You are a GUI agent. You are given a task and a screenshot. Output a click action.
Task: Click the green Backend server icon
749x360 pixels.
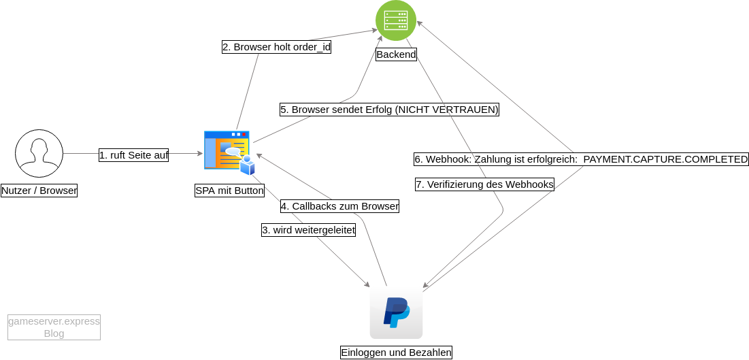[396, 20]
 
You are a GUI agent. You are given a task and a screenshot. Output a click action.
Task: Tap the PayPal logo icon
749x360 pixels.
[396, 312]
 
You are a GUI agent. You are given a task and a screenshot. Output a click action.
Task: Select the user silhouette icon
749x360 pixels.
[39, 153]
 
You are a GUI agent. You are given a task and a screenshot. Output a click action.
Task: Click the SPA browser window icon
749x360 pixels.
[227, 149]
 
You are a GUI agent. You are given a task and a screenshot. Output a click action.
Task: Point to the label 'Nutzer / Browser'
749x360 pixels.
[39, 191]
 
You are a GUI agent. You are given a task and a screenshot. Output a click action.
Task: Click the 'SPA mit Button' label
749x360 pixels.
[229, 191]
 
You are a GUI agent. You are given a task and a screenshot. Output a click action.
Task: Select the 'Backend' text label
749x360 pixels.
[396, 54]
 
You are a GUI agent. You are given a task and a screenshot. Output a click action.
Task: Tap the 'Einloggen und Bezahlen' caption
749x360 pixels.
[396, 353]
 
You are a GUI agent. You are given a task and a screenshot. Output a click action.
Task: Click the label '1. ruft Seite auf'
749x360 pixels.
[133, 155]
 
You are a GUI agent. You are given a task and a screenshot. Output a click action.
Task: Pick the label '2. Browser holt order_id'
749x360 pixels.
[276, 48]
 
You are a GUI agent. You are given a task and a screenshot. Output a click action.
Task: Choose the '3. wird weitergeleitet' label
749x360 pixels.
[308, 230]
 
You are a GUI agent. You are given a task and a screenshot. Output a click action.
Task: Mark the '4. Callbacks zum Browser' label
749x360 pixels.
[339, 206]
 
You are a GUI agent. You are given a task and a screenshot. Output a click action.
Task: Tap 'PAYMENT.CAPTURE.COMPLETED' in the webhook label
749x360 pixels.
[665, 160]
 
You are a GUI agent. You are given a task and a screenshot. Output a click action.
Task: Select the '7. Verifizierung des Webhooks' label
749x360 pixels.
[484, 184]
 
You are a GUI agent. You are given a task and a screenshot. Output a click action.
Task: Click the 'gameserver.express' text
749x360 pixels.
[54, 321]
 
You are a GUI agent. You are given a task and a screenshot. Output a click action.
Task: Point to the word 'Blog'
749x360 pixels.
[54, 333]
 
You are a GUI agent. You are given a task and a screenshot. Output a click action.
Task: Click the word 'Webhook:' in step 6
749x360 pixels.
[449, 160]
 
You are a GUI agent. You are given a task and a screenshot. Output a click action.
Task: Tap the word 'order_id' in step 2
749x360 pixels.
[312, 48]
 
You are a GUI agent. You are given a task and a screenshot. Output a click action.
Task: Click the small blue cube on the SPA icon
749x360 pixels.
[248, 166]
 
